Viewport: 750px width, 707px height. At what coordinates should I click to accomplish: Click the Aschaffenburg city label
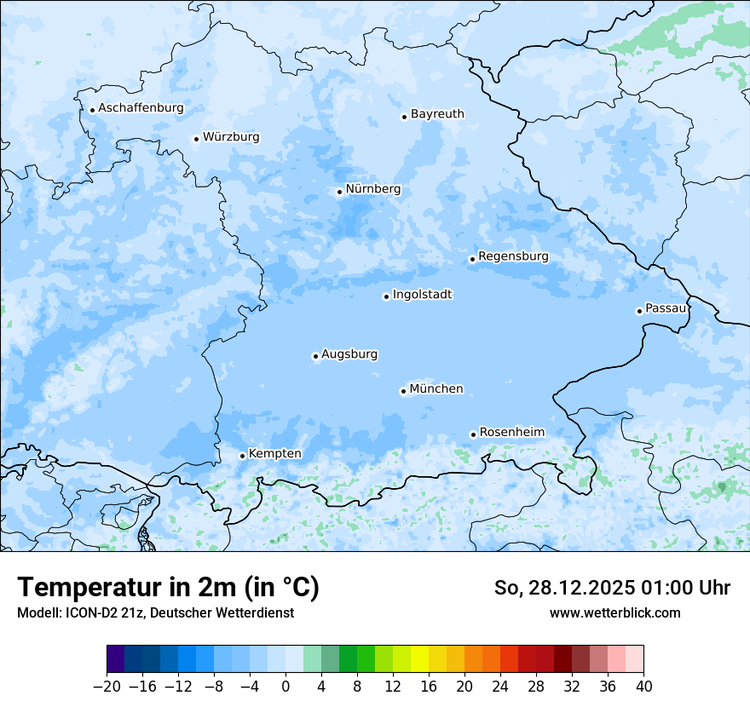click(141, 108)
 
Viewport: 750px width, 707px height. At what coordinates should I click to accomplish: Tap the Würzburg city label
click(231, 137)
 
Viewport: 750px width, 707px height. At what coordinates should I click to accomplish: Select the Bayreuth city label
click(437, 114)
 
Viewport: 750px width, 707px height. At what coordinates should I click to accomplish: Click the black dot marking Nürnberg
click(339, 192)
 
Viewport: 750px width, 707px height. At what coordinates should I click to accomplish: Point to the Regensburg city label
click(513, 256)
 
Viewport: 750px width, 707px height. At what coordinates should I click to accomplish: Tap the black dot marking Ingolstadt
click(386, 297)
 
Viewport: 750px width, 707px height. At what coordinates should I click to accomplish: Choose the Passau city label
click(665, 308)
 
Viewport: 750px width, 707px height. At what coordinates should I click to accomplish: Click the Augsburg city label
click(349, 354)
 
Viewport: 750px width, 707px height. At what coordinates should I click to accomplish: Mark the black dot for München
click(403, 392)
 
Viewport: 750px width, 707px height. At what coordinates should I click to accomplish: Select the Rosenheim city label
click(511, 433)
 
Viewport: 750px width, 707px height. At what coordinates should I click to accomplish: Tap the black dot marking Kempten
click(242, 456)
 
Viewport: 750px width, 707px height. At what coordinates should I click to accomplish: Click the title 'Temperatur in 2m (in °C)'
click(168, 588)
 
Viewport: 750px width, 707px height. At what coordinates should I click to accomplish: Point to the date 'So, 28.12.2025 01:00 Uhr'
click(612, 588)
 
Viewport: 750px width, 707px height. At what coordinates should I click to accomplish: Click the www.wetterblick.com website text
click(614, 613)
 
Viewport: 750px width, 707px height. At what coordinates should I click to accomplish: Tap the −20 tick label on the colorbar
click(107, 687)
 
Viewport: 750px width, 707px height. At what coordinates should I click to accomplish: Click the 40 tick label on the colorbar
click(643, 687)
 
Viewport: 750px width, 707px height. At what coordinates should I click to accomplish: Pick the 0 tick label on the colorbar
click(286, 687)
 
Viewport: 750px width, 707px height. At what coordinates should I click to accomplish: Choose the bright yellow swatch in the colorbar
click(419, 659)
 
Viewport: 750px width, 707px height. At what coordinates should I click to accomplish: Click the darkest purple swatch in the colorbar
click(115, 659)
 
